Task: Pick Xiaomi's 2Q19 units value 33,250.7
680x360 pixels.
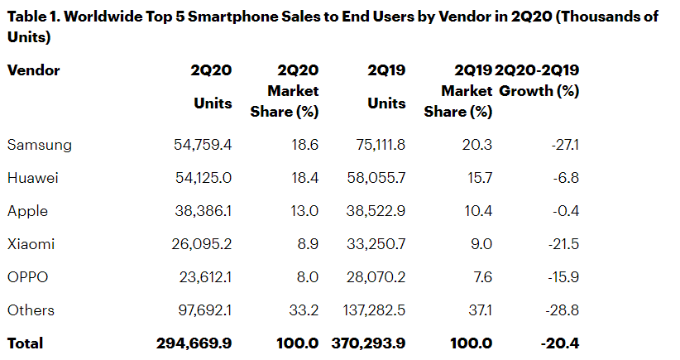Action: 371,244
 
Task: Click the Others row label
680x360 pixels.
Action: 31,310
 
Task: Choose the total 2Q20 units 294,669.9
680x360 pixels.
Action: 194,343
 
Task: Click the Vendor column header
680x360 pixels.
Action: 34,70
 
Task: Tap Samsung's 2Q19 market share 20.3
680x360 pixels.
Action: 477,145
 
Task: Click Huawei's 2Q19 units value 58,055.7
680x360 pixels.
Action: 371,178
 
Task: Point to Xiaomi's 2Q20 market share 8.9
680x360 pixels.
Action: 305,244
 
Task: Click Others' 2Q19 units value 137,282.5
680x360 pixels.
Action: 367,310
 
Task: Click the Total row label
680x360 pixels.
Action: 25,343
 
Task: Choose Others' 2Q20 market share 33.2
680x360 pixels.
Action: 302,310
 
